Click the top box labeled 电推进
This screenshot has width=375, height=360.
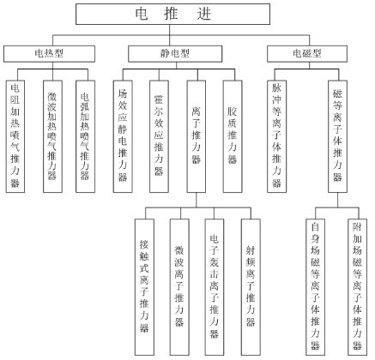[x=172, y=14]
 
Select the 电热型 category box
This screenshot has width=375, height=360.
[x=49, y=54]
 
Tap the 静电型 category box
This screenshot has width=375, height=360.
[x=175, y=54]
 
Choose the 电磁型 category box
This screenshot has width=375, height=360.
[x=307, y=54]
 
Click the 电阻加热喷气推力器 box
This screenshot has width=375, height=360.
[x=15, y=136]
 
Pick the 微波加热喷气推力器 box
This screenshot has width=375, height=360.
[x=52, y=136]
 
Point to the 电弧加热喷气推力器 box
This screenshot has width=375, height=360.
[x=85, y=136]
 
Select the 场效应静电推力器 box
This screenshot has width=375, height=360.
[x=123, y=136]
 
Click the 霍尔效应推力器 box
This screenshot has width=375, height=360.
[x=159, y=136]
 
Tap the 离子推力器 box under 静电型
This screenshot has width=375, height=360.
[x=197, y=136]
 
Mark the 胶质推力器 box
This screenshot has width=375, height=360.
[x=233, y=136]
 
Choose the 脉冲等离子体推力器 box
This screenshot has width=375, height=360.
[x=277, y=136]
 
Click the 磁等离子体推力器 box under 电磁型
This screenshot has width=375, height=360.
[x=337, y=136]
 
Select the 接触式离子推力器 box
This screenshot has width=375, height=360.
[x=144, y=287]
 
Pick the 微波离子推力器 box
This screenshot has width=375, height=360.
[x=179, y=287]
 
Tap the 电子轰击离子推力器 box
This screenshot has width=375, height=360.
[x=215, y=287]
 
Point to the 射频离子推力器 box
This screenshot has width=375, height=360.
[x=251, y=287]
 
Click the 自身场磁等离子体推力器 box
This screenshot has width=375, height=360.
[x=315, y=287]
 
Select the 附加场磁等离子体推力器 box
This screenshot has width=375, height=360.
[x=357, y=287]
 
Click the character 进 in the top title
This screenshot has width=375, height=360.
[x=204, y=14]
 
